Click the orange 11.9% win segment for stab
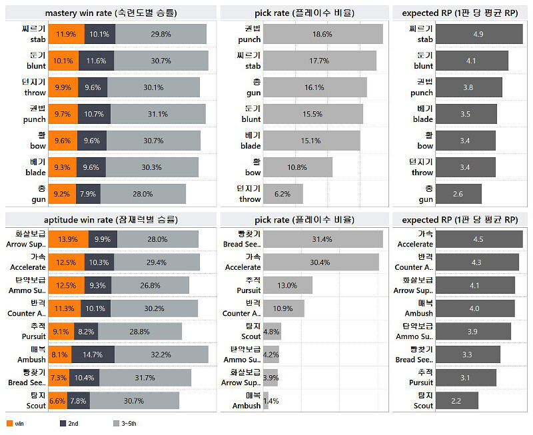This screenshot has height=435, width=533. (66, 34)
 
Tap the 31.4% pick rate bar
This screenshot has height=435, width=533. (322, 239)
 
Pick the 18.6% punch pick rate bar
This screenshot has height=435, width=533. (322, 34)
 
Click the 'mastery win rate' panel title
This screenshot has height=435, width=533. (111, 13)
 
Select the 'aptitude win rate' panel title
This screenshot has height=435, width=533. (111, 219)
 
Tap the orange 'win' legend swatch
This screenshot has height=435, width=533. (10, 423)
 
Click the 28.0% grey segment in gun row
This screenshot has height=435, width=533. (143, 194)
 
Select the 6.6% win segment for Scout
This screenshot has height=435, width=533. (57, 400)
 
